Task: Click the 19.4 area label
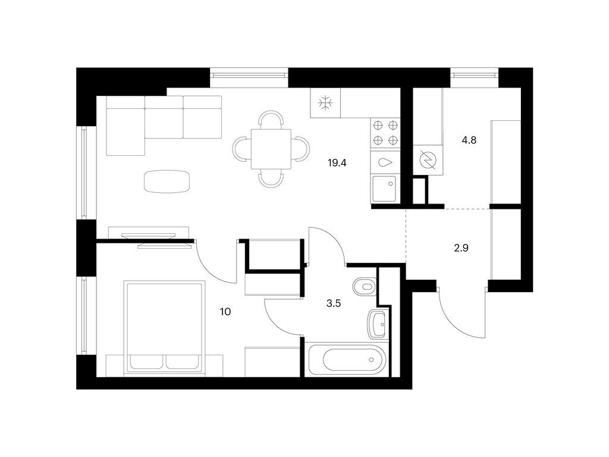pyautogui.click(x=337, y=163)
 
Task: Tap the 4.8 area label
pyautogui.click(x=469, y=140)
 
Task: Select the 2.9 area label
pyautogui.click(x=461, y=248)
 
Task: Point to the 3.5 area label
pyautogui.click(x=333, y=303)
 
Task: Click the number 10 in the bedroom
pyautogui.click(x=225, y=312)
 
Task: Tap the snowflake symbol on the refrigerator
pyautogui.click(x=325, y=103)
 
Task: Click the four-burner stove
pyautogui.click(x=385, y=133)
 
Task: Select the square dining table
pyautogui.click(x=271, y=149)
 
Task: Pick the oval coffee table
pyautogui.click(x=167, y=181)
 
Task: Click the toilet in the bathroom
pyautogui.click(x=365, y=287)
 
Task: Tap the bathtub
pyautogui.click(x=347, y=359)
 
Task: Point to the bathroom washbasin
pyautogui.click(x=376, y=324)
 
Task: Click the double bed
pyautogui.click(x=164, y=328)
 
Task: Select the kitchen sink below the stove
pyautogui.click(x=385, y=189)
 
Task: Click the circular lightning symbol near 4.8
pyautogui.click(x=428, y=160)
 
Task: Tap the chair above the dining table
pyautogui.click(x=271, y=120)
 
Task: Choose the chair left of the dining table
pyautogui.click(x=242, y=149)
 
